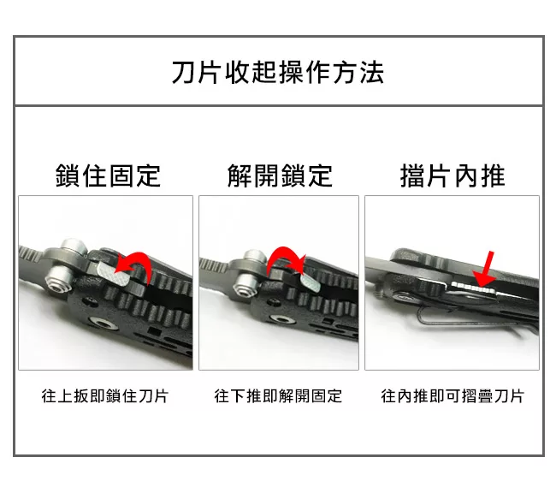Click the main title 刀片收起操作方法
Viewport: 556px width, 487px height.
point(278,73)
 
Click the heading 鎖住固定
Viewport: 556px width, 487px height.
point(108,176)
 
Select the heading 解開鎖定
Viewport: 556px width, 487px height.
point(280,176)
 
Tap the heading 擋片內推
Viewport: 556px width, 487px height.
point(452,176)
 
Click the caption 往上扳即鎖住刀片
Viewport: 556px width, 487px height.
point(105,396)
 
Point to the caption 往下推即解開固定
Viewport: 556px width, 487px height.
point(278,396)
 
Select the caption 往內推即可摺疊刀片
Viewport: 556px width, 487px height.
point(452,396)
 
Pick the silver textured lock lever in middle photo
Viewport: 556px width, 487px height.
point(311,282)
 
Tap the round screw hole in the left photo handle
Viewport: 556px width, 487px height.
point(104,324)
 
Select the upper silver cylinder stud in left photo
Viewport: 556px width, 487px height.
point(74,247)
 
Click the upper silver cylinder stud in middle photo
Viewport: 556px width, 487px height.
point(254,256)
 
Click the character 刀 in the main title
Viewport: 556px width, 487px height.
point(183,73)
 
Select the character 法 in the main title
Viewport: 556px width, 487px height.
point(372,73)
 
